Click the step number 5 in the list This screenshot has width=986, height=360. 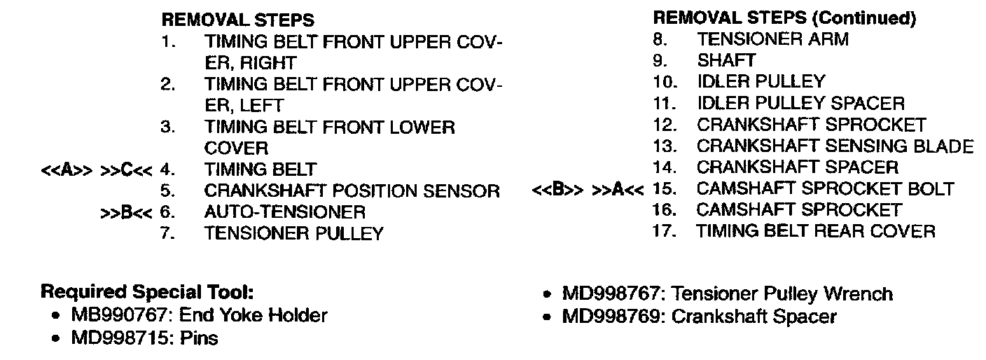[x=167, y=191]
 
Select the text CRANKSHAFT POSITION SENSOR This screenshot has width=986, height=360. [x=352, y=191]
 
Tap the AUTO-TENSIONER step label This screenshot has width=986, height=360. [x=284, y=212]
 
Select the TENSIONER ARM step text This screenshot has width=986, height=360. [x=772, y=40]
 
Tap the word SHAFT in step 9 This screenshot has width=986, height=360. [x=726, y=61]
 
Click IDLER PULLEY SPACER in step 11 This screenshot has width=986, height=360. [x=800, y=104]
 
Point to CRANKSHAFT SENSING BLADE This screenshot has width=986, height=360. [x=835, y=147]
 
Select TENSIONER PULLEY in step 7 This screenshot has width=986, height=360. [x=293, y=234]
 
